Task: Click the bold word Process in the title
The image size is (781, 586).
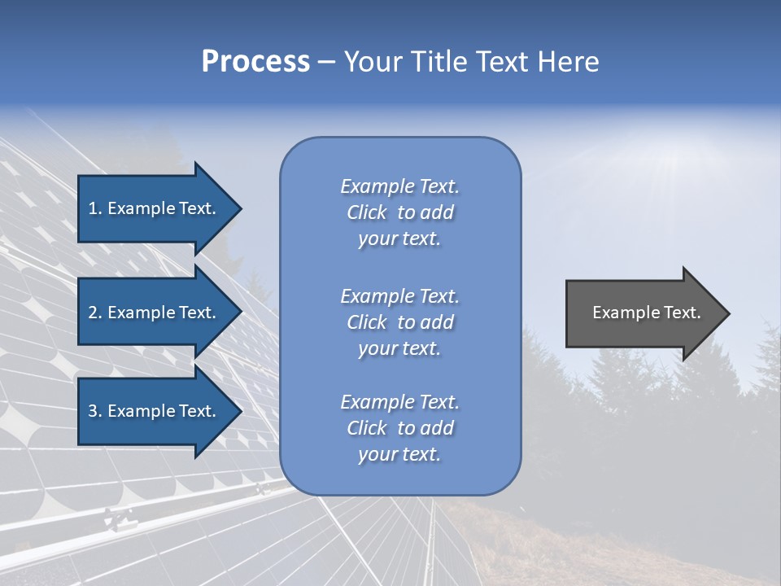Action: point(255,62)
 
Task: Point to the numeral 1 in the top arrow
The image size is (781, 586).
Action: point(93,208)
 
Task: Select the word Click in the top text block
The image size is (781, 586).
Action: point(367,212)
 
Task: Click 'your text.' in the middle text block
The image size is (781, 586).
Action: point(399,348)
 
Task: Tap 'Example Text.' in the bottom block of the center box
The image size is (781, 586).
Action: point(399,402)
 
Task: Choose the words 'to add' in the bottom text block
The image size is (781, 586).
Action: point(425,428)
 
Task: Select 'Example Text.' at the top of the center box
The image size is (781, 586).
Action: point(399,186)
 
